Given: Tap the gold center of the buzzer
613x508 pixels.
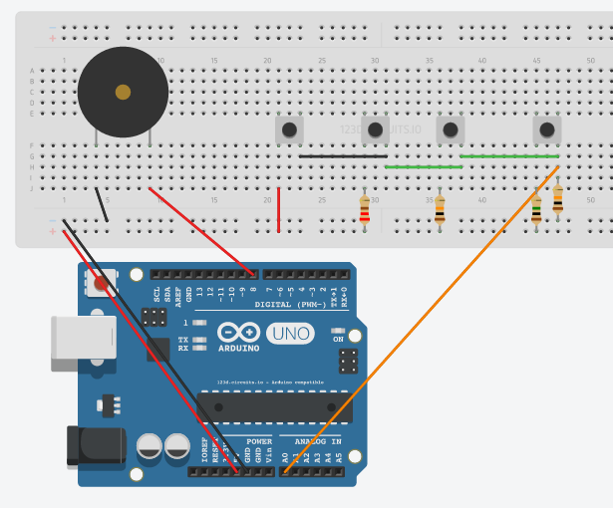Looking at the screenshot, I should [x=123, y=92].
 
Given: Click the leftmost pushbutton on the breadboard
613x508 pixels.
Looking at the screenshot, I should [x=289, y=129].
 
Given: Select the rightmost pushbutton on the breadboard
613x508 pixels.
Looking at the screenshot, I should [x=546, y=129].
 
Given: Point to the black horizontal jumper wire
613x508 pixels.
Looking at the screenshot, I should [x=343, y=156].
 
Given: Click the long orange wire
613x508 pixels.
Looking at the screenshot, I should [x=419, y=319].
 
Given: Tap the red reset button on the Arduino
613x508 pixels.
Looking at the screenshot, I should [x=100, y=285].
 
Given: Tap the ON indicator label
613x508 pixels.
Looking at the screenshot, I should [x=338, y=340].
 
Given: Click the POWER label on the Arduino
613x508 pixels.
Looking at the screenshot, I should [x=259, y=440].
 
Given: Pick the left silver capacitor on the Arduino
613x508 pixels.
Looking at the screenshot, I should [x=151, y=445].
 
